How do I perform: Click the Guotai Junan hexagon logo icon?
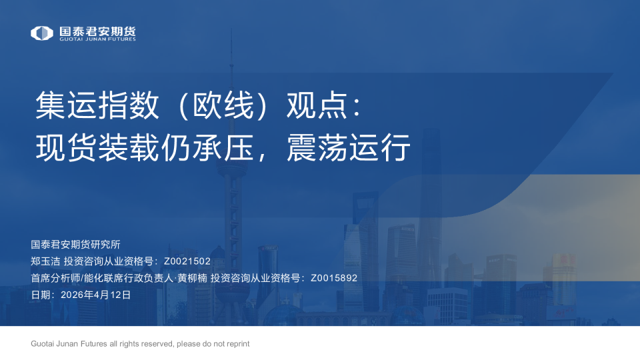(x=42, y=33)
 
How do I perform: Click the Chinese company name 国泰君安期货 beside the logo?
(x=97, y=31)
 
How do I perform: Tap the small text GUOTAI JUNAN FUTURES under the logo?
(x=97, y=39)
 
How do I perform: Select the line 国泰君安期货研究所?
(x=75, y=244)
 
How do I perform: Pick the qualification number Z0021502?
(x=187, y=261)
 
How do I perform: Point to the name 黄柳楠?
(x=191, y=278)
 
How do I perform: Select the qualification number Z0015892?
(x=334, y=278)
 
